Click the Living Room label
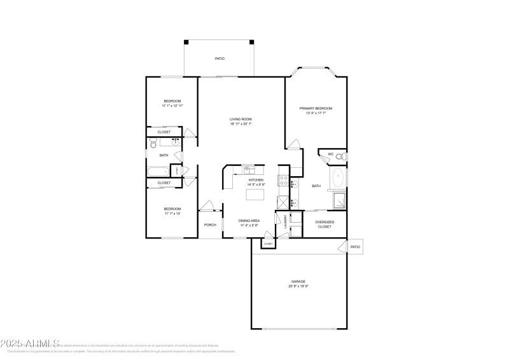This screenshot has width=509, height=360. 241,119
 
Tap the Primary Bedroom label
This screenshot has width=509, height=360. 316,108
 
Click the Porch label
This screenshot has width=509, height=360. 209,225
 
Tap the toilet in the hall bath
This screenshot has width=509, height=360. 153,144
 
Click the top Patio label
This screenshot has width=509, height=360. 219,59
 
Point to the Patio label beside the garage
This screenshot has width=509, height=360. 355,247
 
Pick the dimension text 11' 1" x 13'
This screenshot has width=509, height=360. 172,213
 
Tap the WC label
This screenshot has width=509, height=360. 331,154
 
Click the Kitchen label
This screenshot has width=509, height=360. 256,180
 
